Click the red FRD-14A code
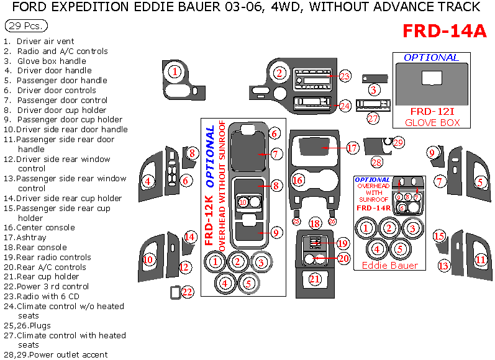coord(444,32)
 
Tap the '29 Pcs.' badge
coord(25,27)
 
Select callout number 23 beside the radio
coord(345,76)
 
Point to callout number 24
coord(345,106)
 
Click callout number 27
coord(373,118)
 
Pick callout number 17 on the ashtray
coord(352,148)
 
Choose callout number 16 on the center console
coord(297,180)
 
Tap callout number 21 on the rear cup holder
coord(315,279)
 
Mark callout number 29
coord(398,142)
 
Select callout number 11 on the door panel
coord(480,259)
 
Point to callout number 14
coord(191,236)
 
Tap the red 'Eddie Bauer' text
coord(389,265)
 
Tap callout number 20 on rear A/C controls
coord(343,258)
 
